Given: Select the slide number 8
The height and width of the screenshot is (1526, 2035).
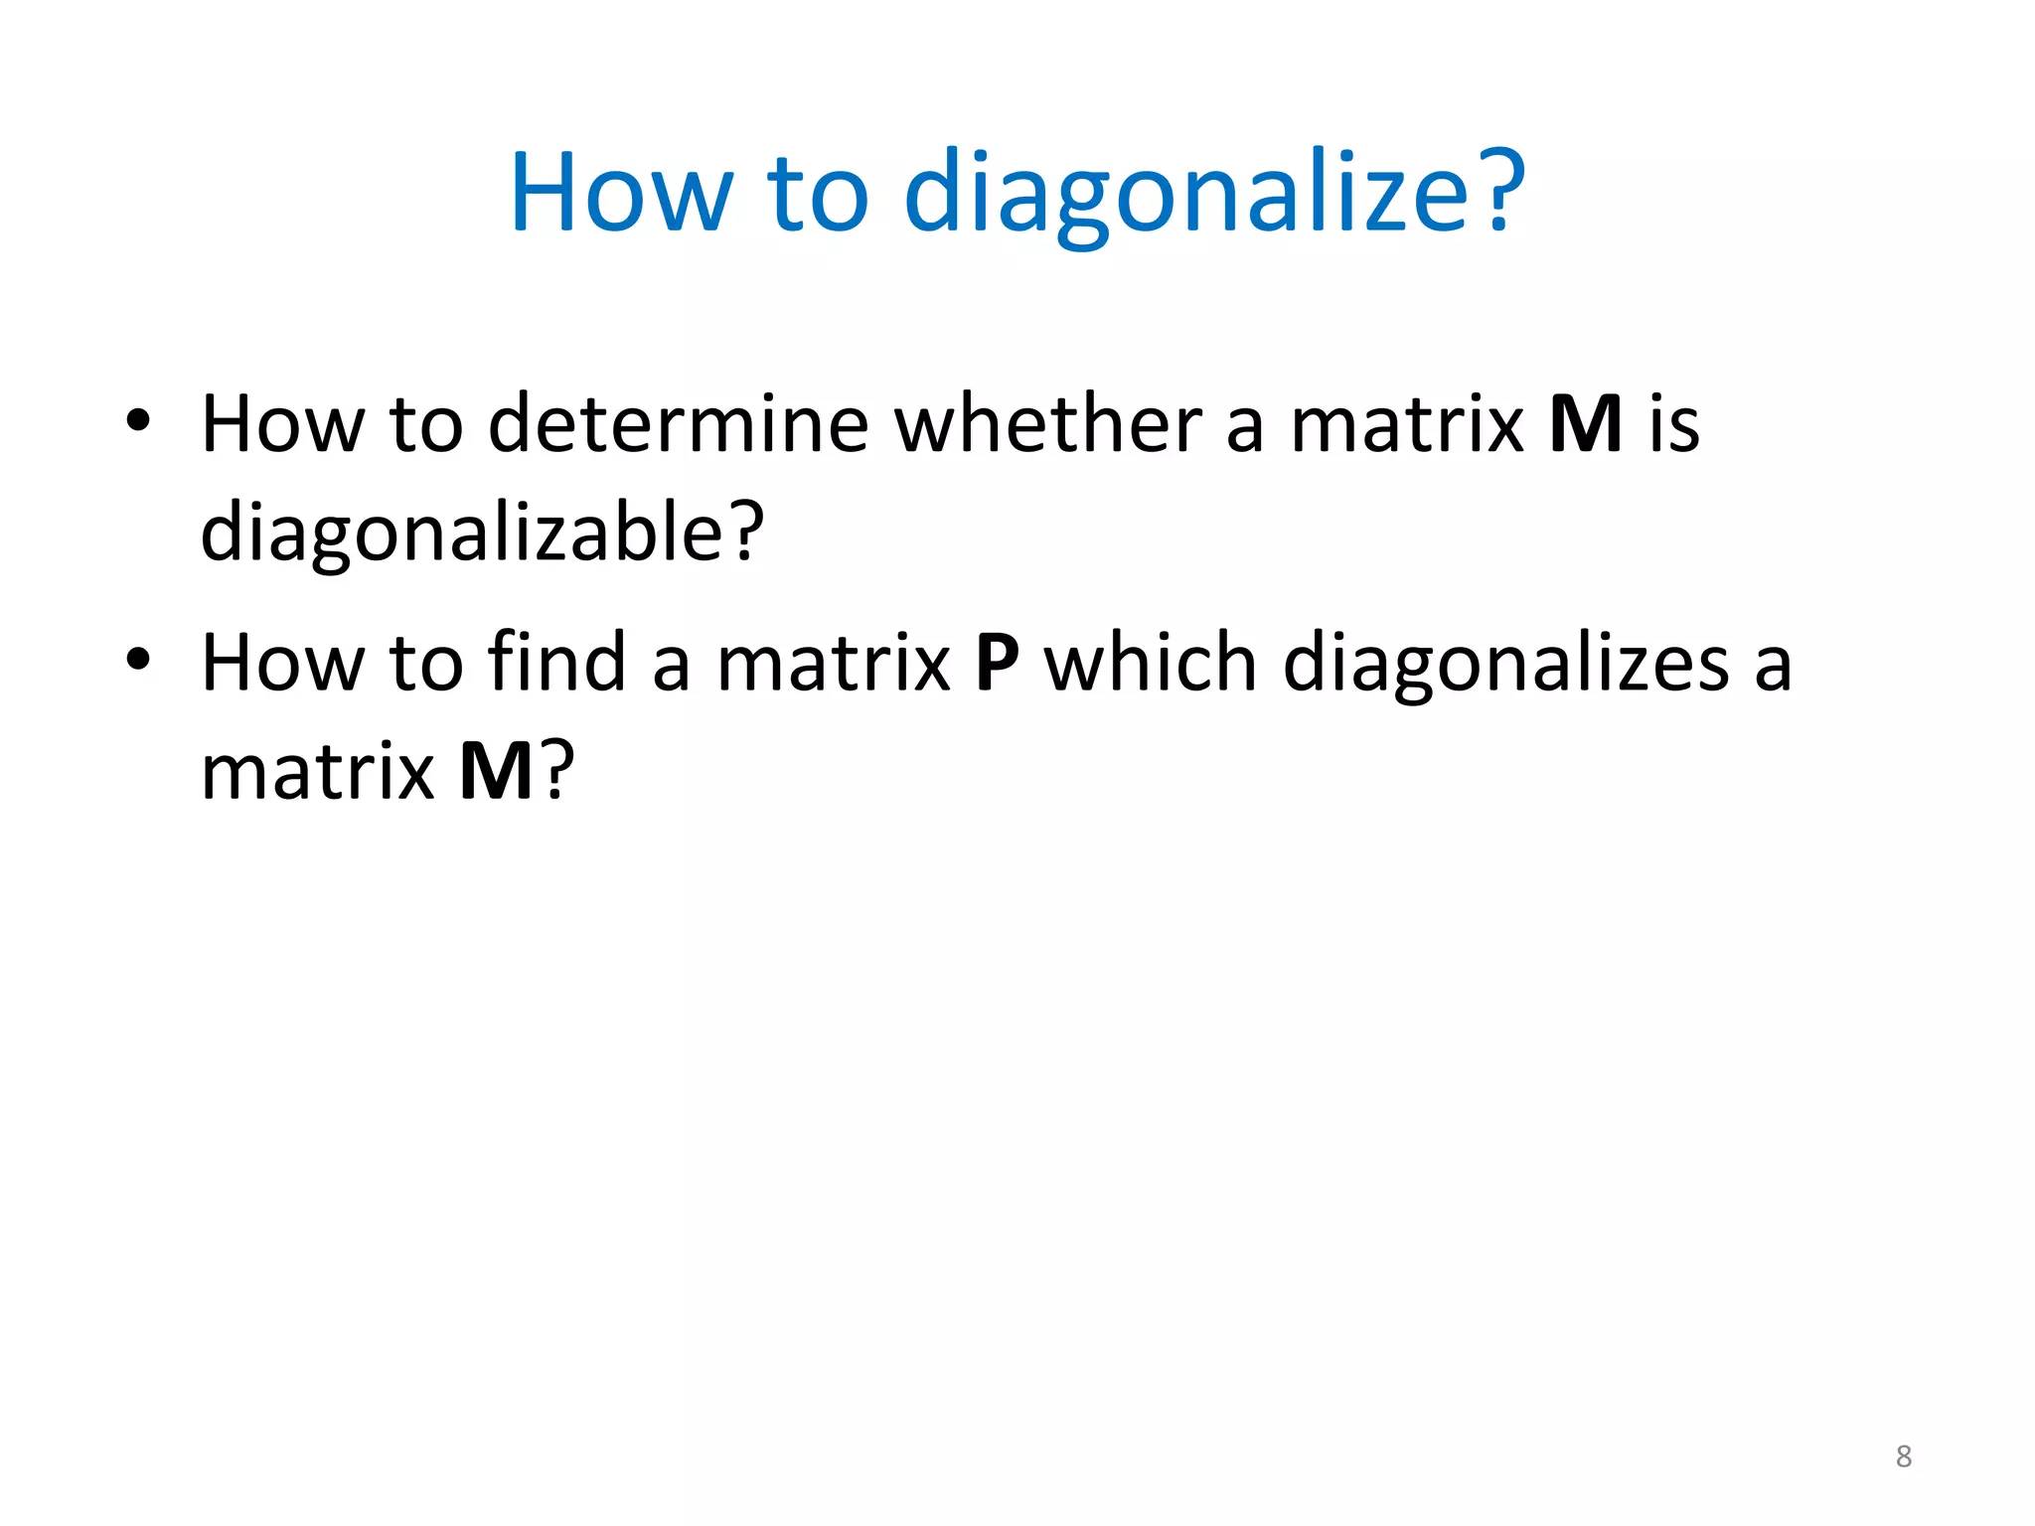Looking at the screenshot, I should (1904, 1456).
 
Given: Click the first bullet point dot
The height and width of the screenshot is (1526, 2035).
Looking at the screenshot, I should (138, 421).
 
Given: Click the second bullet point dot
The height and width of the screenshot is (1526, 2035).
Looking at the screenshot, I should (138, 659).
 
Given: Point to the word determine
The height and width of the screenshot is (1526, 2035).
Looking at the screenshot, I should (679, 424).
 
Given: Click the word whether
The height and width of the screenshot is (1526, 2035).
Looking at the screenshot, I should (1048, 424).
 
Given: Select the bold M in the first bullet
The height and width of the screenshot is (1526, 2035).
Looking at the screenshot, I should (1586, 424).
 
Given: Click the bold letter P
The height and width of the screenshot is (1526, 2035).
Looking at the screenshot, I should (998, 663).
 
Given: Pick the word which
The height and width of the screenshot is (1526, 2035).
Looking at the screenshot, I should (1151, 663).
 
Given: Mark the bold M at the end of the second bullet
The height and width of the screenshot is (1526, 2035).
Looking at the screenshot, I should (497, 772).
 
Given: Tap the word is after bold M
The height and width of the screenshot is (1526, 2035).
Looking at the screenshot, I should (1674, 424).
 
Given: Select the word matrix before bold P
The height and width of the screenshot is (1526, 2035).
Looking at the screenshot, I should (834, 663).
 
